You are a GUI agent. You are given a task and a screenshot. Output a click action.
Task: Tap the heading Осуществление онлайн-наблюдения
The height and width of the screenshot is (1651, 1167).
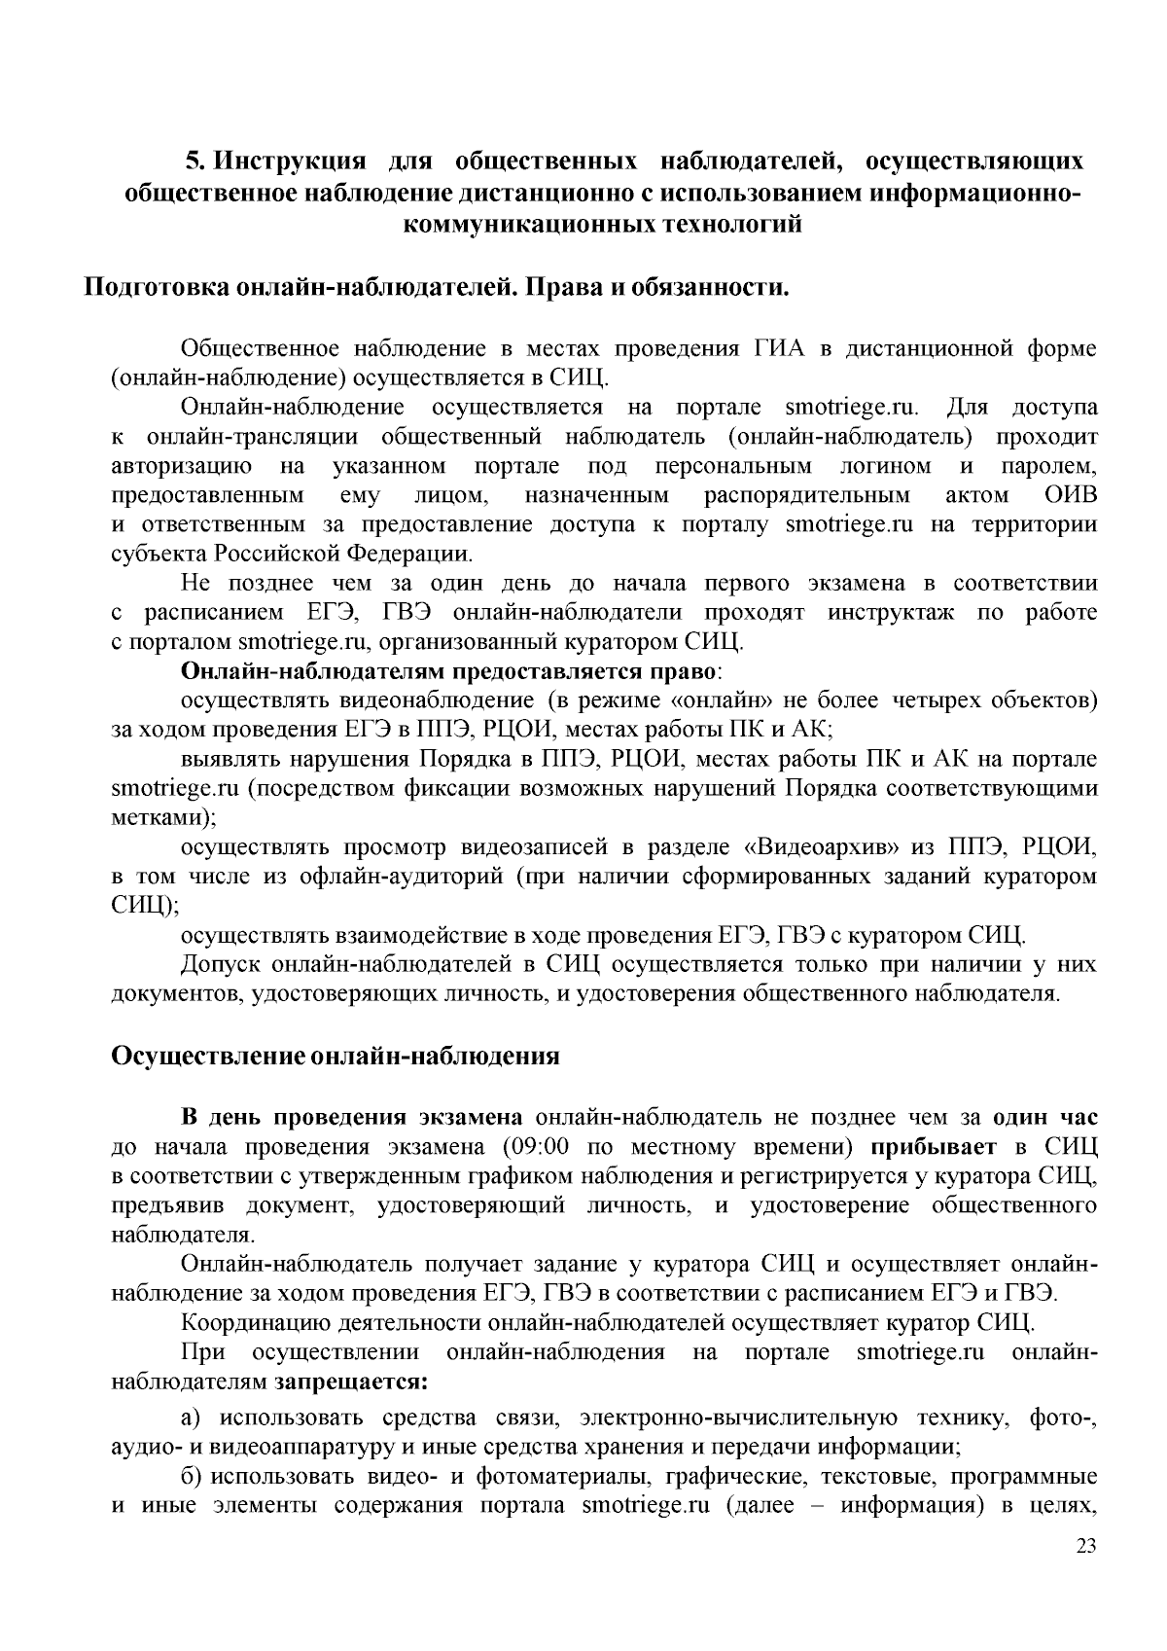tap(336, 1056)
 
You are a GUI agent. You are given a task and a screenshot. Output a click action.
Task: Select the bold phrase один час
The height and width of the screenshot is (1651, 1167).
tap(1045, 1115)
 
